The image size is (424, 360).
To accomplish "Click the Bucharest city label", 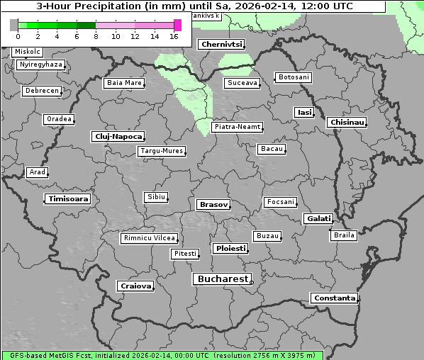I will tap(223, 279).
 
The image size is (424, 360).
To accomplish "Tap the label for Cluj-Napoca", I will tap(118, 136).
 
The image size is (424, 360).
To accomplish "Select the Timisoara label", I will tap(68, 199).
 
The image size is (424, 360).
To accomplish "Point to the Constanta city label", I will tap(334, 298).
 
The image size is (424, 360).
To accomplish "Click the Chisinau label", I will tap(347, 123).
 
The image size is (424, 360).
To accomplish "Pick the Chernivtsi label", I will tap(222, 45).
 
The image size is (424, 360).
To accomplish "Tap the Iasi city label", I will tap(304, 113).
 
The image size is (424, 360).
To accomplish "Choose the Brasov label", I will tap(213, 204).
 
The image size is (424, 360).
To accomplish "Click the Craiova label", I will tap(135, 286).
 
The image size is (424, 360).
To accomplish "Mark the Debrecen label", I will tap(41, 91).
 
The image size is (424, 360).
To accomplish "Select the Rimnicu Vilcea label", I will tap(149, 238).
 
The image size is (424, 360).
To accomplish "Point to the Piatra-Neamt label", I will tap(237, 127).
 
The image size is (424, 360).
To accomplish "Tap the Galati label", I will tap(318, 219).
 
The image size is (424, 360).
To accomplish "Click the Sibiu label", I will tap(155, 196).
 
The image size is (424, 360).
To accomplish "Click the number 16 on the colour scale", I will tap(174, 36).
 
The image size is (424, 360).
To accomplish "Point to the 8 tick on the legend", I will tap(96, 36).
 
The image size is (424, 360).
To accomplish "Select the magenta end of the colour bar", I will tap(177, 25).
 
